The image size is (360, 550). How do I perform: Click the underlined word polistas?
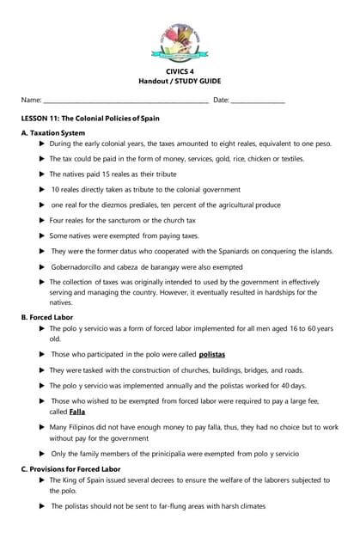pos(212,353)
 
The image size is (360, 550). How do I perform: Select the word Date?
pos(220,101)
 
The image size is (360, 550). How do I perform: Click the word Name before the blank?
pos(31,101)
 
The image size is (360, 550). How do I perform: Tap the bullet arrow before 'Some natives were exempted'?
pos(42,235)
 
